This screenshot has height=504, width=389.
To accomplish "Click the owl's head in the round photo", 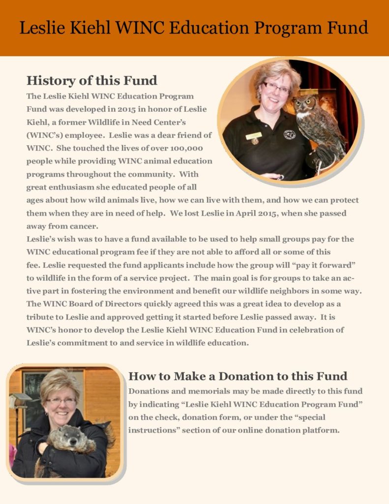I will pos(305,105).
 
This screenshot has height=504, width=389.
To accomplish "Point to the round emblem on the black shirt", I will pos(290,134).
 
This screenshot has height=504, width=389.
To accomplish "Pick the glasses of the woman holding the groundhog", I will pos(61,401).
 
